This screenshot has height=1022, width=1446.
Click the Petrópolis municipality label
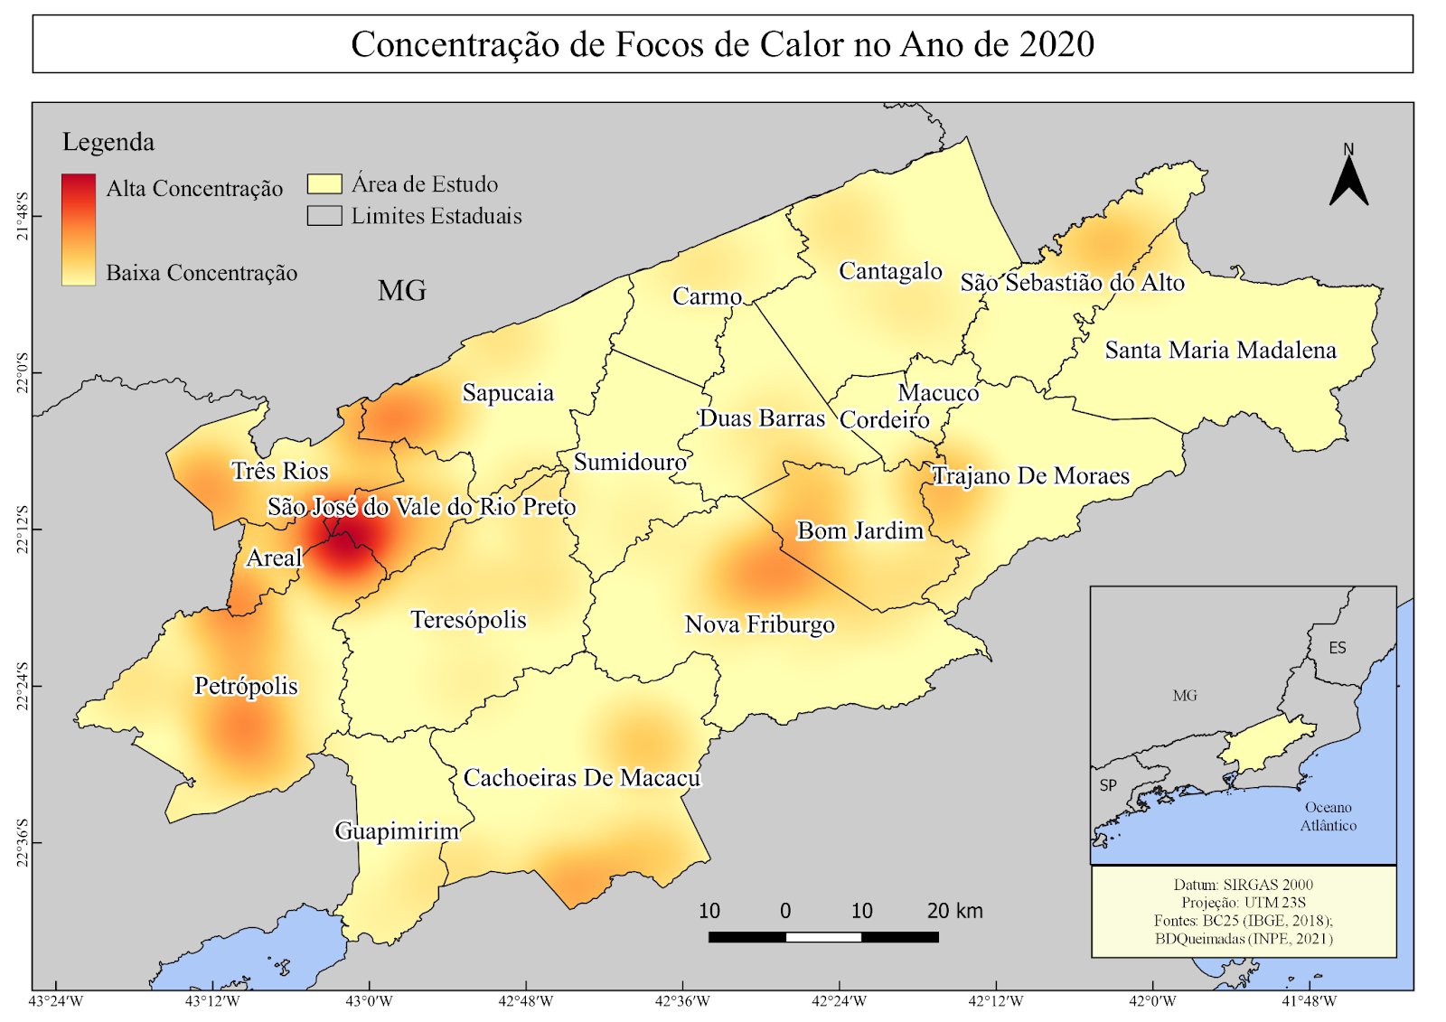[x=246, y=686]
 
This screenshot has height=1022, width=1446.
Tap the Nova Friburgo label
[x=759, y=624]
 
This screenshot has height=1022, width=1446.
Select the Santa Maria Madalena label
[x=1220, y=351]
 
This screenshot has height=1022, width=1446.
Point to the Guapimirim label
[x=397, y=830]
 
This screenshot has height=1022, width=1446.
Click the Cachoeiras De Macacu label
[x=581, y=778]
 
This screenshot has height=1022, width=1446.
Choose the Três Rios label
[x=280, y=471]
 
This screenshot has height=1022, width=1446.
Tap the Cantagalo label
[x=890, y=271]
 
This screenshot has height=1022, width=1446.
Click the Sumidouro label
[x=630, y=463]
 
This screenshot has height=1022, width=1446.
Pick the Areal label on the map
[x=274, y=558]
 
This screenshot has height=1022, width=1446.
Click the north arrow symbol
[x=1348, y=180]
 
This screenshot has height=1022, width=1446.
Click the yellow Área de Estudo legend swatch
[x=324, y=184]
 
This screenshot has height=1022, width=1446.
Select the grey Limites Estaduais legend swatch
[x=324, y=216]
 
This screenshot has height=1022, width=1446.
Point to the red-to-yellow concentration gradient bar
[x=79, y=230]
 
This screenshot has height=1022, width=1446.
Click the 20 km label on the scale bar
[x=954, y=911]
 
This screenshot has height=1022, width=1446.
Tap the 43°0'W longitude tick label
[x=371, y=1001]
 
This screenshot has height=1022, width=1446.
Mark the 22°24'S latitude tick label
[x=23, y=687]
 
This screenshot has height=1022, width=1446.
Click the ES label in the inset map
[x=1338, y=648]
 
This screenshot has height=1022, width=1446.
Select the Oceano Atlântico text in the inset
[x=1328, y=816]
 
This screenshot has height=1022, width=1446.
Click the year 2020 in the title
[x=1056, y=44]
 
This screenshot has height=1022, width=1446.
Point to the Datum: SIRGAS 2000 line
[x=1243, y=885]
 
